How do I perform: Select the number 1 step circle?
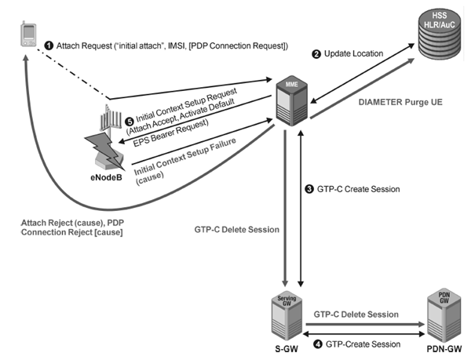[x=48, y=47]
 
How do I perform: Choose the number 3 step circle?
[x=309, y=190]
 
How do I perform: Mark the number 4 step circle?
[x=316, y=343]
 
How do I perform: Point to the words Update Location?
[x=353, y=54]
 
